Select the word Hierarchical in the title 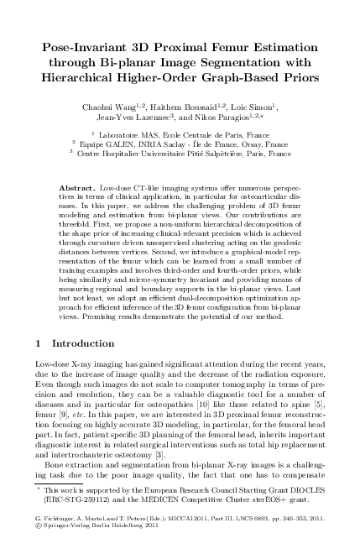[x=91, y=78]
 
